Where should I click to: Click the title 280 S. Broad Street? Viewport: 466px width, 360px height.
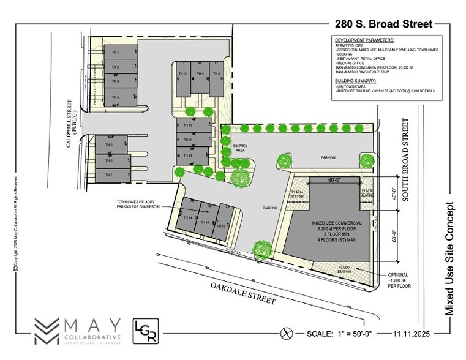[x=383, y=24]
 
